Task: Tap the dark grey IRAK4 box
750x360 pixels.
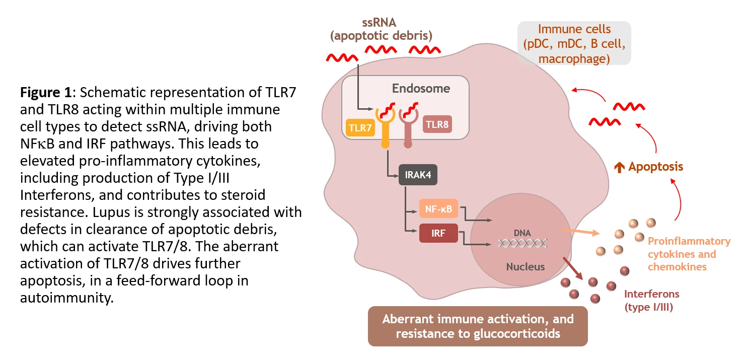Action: (x=417, y=175)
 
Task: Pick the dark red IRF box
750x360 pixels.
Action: (x=438, y=233)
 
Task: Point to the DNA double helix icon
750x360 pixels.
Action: (x=522, y=243)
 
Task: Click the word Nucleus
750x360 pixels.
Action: (x=525, y=266)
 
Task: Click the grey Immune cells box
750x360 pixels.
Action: (x=574, y=43)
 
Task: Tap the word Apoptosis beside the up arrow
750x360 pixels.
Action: (x=655, y=167)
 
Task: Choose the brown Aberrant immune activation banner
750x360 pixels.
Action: (x=477, y=326)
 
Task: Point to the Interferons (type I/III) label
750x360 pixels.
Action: (x=651, y=300)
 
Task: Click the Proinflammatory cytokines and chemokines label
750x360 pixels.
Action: (x=688, y=254)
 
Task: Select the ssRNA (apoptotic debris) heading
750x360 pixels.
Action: (x=381, y=29)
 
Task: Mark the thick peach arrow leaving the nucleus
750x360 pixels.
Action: (x=580, y=232)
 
